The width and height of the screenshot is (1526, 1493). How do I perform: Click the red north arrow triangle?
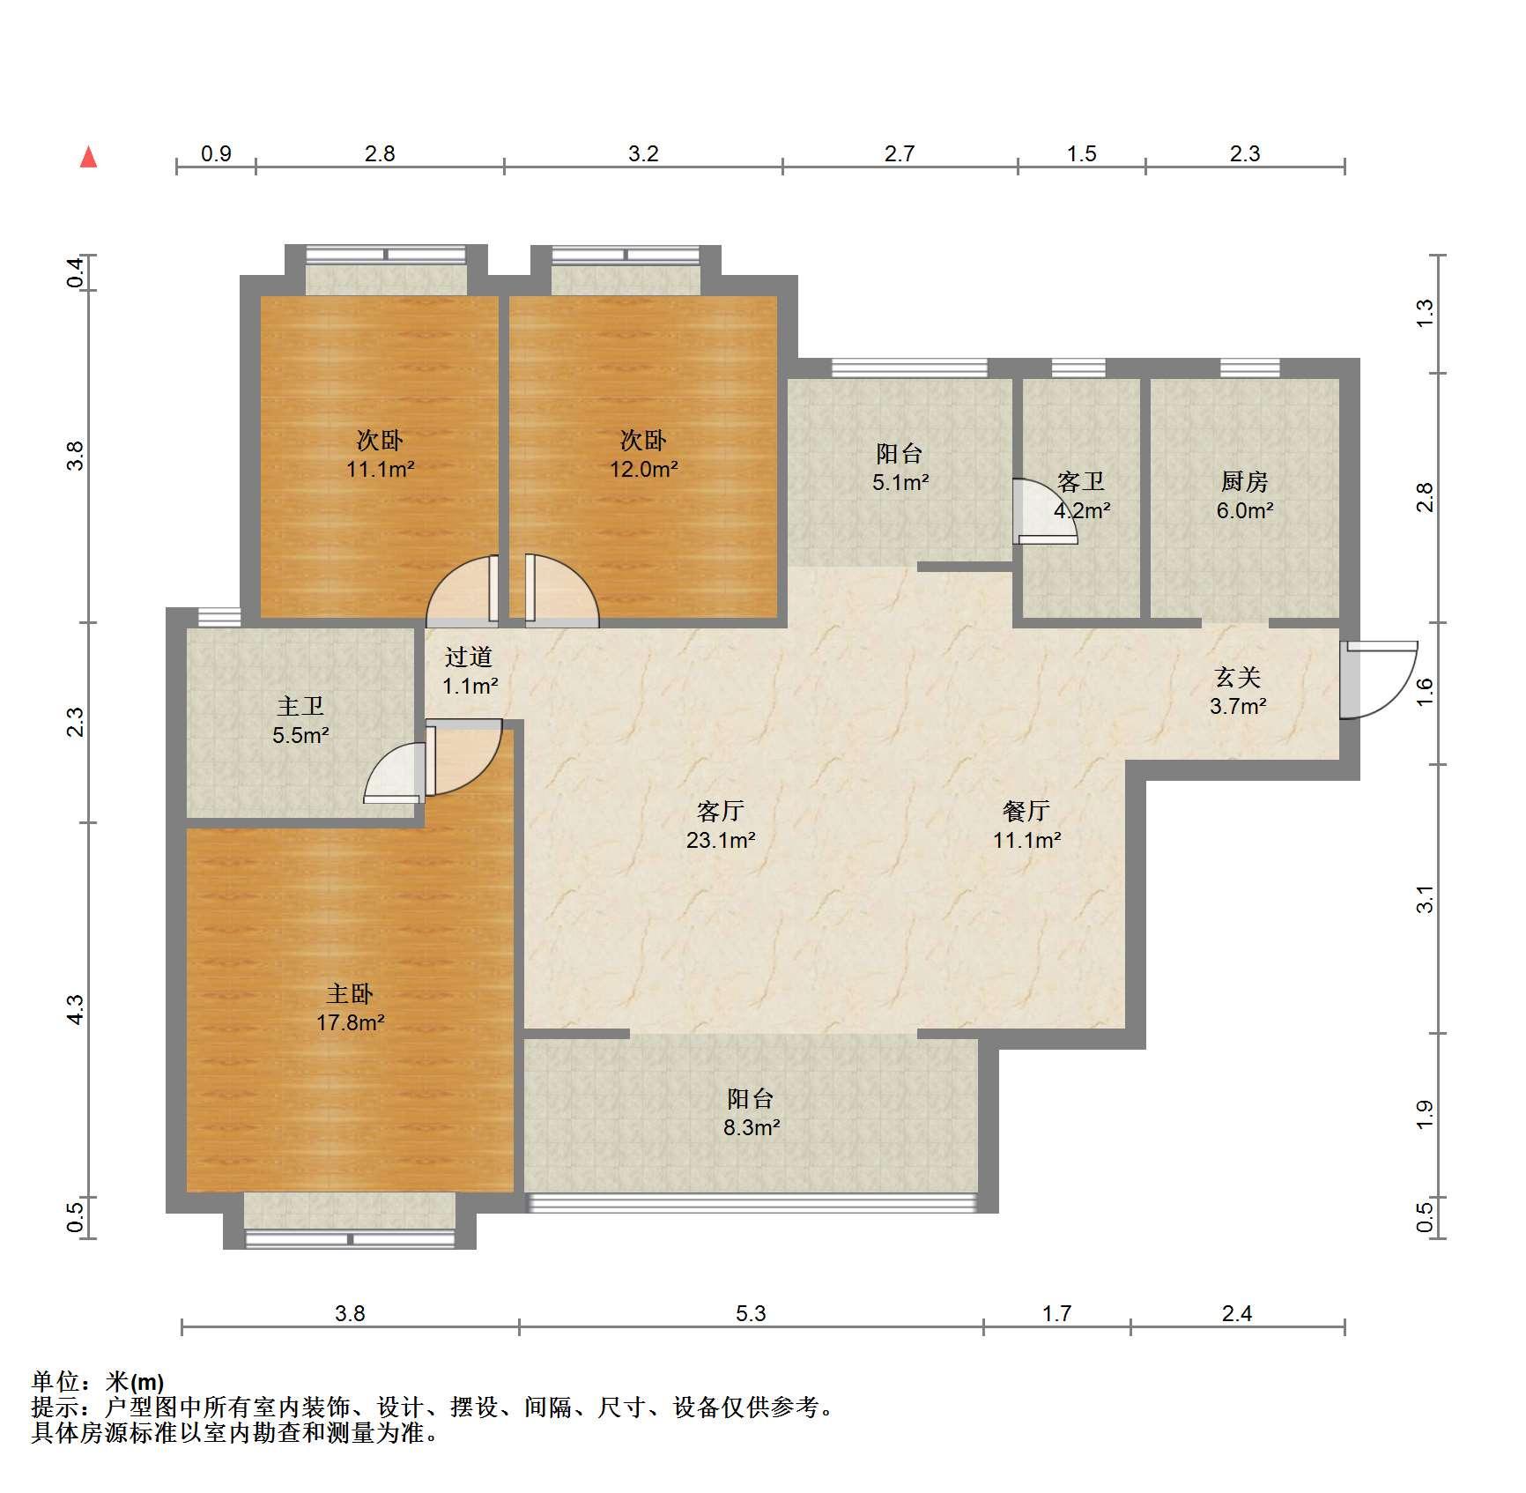88,158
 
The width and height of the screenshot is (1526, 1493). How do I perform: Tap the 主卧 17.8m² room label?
350,1008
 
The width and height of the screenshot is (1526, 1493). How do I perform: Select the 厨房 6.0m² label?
1245,495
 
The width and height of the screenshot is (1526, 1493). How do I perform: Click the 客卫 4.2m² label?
1082,495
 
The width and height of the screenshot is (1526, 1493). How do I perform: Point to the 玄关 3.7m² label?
1238,691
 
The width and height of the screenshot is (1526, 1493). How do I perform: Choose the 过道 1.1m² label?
469,671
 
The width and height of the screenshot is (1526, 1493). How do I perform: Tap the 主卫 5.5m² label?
300,720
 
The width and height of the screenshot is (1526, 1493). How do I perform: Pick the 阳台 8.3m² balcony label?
752,1112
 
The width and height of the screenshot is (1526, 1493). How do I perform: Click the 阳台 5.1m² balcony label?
900,467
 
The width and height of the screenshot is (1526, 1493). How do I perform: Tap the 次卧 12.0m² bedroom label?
643,454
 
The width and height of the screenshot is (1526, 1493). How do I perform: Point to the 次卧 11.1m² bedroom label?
380,454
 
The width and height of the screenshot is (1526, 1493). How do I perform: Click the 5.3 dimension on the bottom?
751,1313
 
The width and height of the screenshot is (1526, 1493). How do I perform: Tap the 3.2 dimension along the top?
643,153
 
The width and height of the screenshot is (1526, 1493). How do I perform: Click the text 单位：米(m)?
98,1382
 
